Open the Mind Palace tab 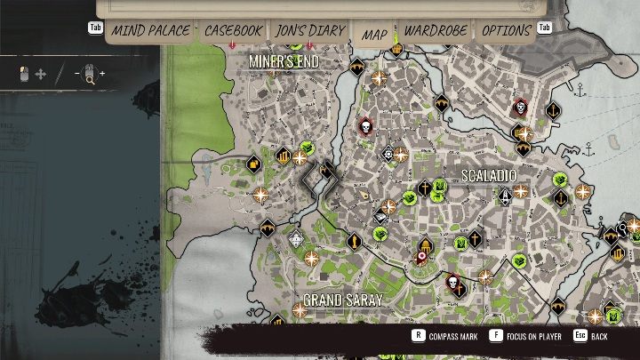pyautogui.click(x=151, y=31)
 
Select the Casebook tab pyautogui.click(x=233, y=31)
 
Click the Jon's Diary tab pyautogui.click(x=305, y=31)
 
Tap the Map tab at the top pyautogui.click(x=374, y=34)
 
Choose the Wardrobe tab pyautogui.click(x=436, y=31)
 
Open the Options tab pyautogui.click(x=507, y=31)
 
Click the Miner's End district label pyautogui.click(x=284, y=60)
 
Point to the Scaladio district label pyautogui.click(x=489, y=176)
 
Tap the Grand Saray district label pyautogui.click(x=342, y=300)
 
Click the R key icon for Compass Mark pyautogui.click(x=417, y=336)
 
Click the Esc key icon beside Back pyautogui.click(x=580, y=336)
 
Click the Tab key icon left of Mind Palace pyautogui.click(x=95, y=28)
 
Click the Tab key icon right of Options pyautogui.click(x=545, y=28)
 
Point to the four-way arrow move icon pyautogui.click(x=40, y=75)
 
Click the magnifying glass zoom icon pyautogui.click(x=90, y=76)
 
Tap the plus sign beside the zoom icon pyautogui.click(x=101, y=74)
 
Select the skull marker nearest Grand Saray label pyautogui.click(x=453, y=284)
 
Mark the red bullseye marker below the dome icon pyautogui.click(x=422, y=259)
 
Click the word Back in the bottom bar pyautogui.click(x=599, y=337)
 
